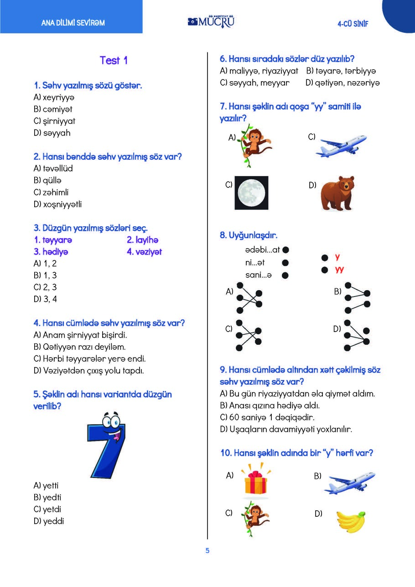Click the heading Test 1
(114, 61)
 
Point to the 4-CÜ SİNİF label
(353, 24)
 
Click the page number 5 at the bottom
(207, 551)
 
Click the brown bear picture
(336, 193)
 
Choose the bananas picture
(351, 521)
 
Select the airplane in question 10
(350, 482)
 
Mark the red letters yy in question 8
(339, 269)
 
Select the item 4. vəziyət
(144, 252)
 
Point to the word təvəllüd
(57, 168)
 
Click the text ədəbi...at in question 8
(262, 250)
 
